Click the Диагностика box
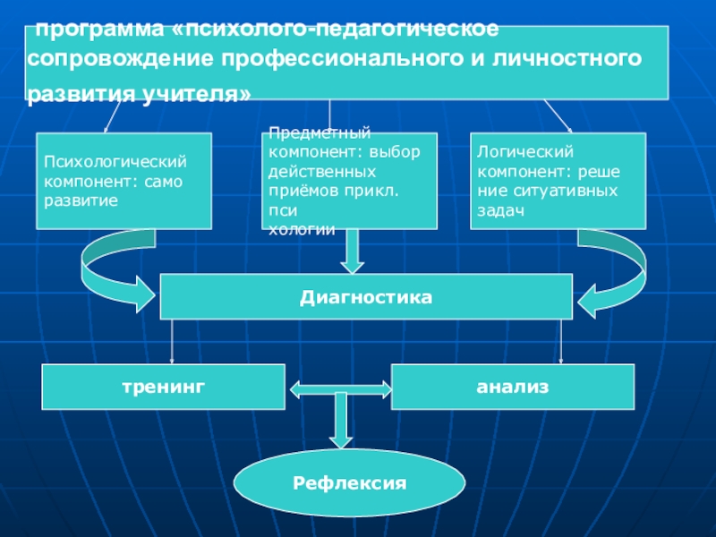click(x=366, y=297)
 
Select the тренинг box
click(x=164, y=387)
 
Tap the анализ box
click(x=513, y=387)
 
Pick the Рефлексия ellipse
click(x=349, y=482)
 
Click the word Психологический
click(x=115, y=162)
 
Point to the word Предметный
click(x=320, y=132)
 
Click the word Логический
click(x=525, y=151)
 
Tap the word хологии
click(x=302, y=229)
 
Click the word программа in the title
click(x=99, y=30)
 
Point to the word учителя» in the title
click(x=196, y=95)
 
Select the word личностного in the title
click(x=567, y=59)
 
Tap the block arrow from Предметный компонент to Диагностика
click(x=352, y=251)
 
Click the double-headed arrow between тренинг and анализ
click(x=341, y=389)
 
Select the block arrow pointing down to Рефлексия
click(x=341, y=420)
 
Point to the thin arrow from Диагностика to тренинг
click(x=172, y=342)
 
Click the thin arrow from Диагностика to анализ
click(x=561, y=342)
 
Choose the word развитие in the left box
click(x=81, y=200)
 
